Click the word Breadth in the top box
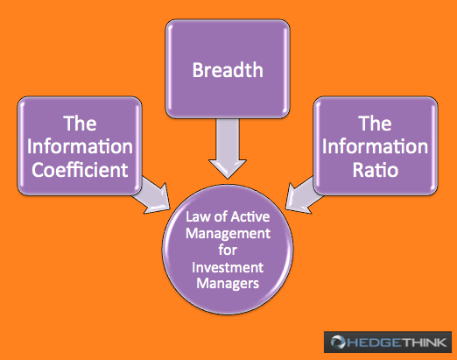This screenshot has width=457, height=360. tap(228, 70)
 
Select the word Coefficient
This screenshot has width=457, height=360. tap(80, 170)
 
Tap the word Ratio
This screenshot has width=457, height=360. tap(376, 170)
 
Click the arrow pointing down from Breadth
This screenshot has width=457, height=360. tap(228, 148)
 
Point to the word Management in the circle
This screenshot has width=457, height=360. tap(228, 234)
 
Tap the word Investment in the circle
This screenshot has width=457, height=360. tap(228, 267)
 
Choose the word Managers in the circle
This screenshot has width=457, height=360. tap(228, 284)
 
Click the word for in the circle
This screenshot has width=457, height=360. tap(228, 251)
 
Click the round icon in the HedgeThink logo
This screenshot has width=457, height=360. tap(338, 342)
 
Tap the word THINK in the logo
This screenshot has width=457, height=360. tap(423, 342)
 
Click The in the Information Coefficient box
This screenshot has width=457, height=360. tap(80, 124)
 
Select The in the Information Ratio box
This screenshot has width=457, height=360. tap(375, 124)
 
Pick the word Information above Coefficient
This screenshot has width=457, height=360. tap(80, 146)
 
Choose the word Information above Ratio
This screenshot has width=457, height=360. tap(375, 146)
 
